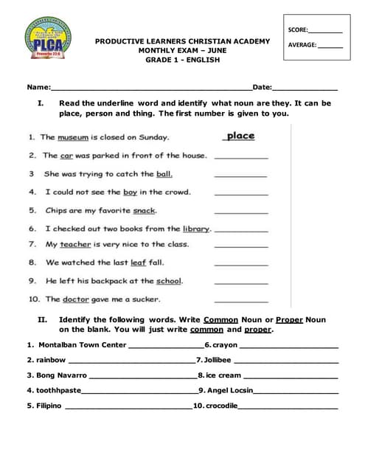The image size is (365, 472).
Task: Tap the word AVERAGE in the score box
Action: [x=302, y=45]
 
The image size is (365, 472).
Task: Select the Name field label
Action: [x=38, y=88]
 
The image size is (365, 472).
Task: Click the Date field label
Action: [x=262, y=88]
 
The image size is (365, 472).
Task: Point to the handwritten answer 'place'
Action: [x=240, y=136]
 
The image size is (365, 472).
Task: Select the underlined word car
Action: [x=66, y=156]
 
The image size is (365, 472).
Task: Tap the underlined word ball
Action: [x=164, y=174]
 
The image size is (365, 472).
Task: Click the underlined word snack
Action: [x=145, y=210]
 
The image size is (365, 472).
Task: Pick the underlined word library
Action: [x=196, y=229]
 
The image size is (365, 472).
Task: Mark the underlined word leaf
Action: [x=138, y=262]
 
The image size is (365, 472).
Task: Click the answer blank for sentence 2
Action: [x=241, y=156]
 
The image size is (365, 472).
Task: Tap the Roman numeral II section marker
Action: [x=42, y=319]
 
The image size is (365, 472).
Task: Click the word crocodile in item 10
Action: [x=221, y=406]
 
